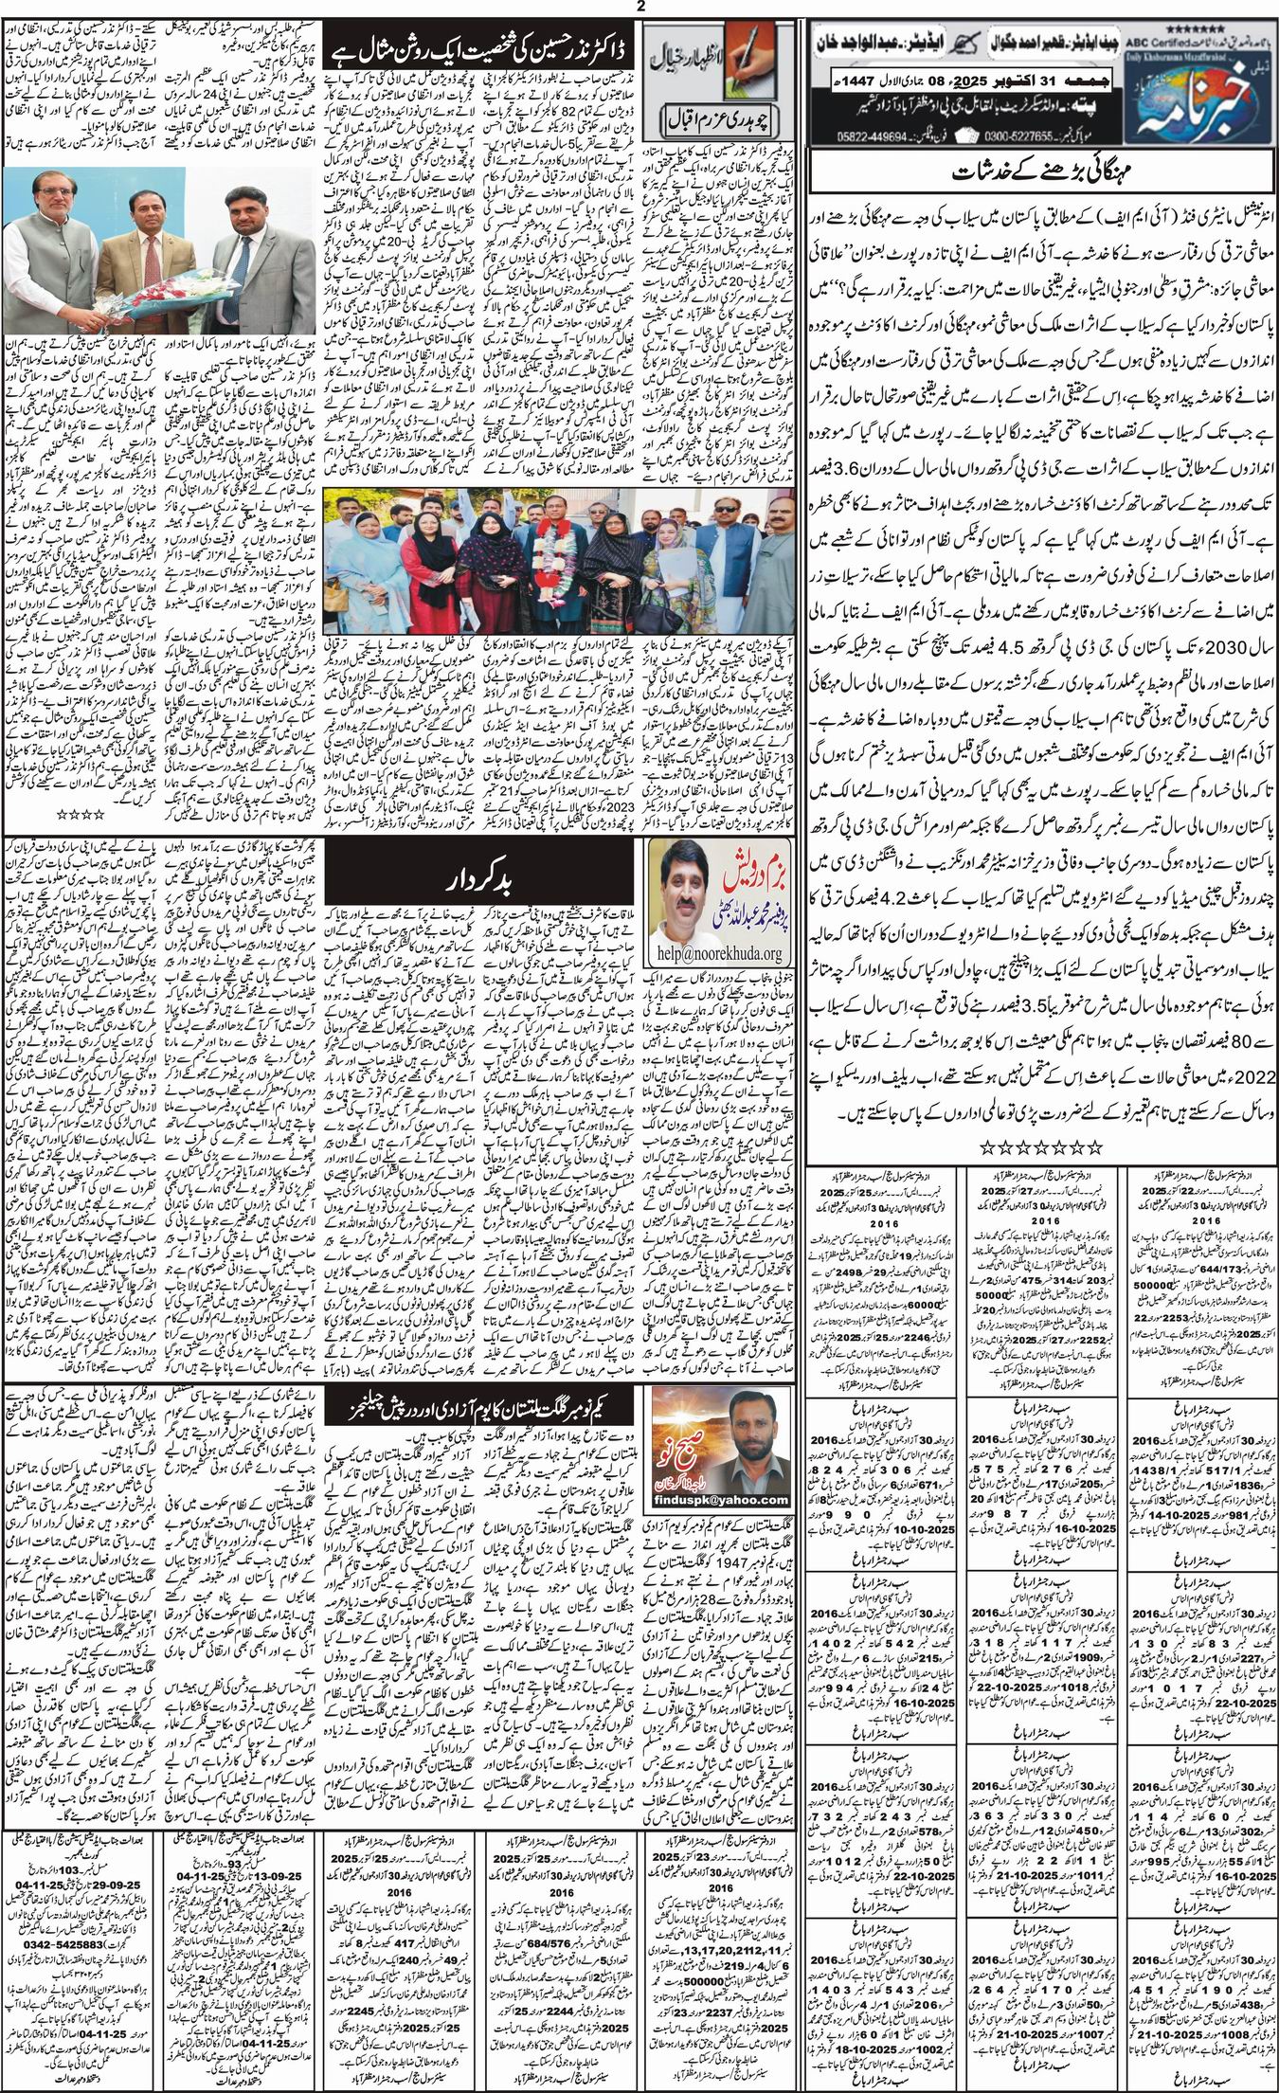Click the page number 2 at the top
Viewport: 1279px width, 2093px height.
(x=641, y=7)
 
